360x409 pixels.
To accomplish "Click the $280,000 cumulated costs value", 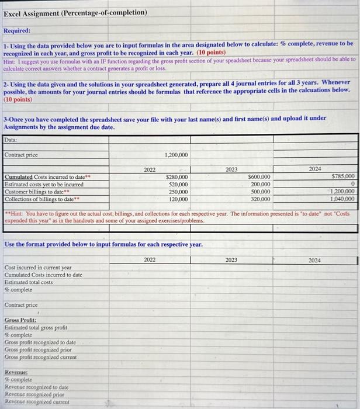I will (x=177, y=177).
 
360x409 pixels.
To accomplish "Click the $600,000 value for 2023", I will (x=259, y=177).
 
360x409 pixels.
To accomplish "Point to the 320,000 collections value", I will (x=260, y=199).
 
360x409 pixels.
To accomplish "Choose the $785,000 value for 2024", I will (x=342, y=176).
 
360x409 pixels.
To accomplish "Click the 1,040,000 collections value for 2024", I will (x=341, y=199).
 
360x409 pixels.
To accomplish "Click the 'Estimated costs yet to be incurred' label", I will (x=44, y=185).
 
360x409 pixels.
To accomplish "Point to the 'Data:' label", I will (x=11, y=140).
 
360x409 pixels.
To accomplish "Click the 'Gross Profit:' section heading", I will (x=20, y=320).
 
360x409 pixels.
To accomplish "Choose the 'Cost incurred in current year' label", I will (x=38, y=268).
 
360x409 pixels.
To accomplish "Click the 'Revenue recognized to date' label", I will (x=37, y=387).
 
